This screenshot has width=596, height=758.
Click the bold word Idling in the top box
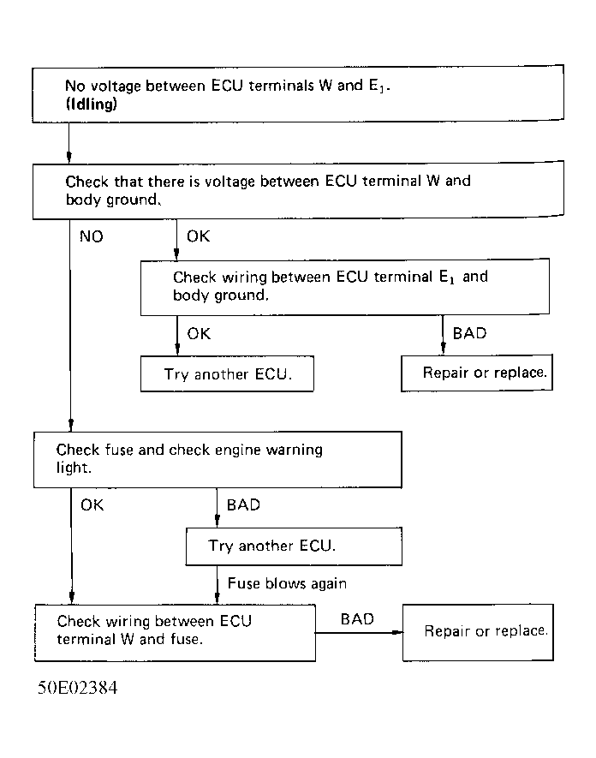92,104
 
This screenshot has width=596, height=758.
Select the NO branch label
91,236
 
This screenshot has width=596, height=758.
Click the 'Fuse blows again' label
287,583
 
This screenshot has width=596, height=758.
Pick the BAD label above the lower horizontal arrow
357,618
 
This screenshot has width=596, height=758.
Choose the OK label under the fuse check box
92,504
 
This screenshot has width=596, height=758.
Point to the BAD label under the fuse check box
243,504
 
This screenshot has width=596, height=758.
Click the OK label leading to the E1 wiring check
198,236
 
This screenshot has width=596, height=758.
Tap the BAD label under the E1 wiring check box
469,332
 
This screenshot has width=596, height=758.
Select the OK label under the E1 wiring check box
198,333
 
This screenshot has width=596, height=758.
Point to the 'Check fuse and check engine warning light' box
218,458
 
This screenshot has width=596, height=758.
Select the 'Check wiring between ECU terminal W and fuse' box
174,631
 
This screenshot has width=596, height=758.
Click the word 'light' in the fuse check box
73,469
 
